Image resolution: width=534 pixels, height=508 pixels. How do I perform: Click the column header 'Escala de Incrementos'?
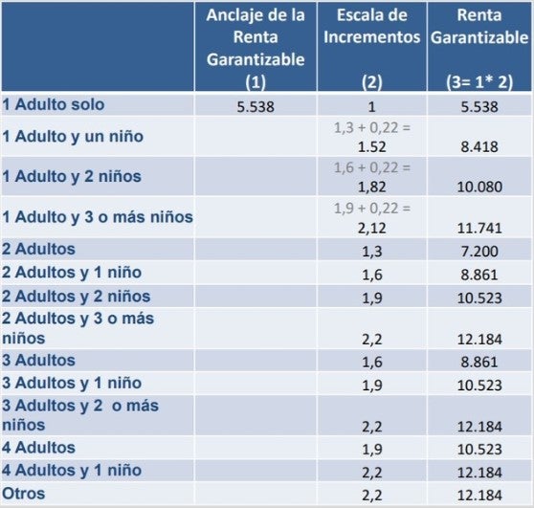click(x=372, y=26)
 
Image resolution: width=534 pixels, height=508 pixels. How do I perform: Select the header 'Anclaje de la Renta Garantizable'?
click(x=256, y=37)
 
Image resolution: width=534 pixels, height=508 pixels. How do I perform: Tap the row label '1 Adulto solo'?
click(x=54, y=104)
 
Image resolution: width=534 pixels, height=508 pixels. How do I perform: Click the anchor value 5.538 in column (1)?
click(x=256, y=107)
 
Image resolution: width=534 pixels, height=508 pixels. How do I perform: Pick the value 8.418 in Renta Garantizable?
click(x=479, y=146)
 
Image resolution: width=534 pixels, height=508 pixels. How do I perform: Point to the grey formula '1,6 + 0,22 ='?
click(x=372, y=167)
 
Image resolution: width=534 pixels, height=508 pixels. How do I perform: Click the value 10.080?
click(x=479, y=187)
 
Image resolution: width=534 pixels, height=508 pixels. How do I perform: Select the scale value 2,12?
click(x=372, y=228)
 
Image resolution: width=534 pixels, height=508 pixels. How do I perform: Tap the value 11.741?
click(x=479, y=228)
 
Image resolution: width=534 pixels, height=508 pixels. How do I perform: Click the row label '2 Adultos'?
click(x=38, y=249)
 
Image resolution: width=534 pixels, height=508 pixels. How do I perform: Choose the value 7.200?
click(x=479, y=252)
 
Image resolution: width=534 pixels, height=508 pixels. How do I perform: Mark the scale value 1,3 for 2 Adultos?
click(x=372, y=252)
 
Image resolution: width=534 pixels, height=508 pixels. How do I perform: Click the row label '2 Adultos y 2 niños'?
click(x=76, y=297)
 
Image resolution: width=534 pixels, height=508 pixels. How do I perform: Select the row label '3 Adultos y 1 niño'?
click(x=72, y=383)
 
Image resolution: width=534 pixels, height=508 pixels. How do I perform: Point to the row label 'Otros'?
click(x=24, y=494)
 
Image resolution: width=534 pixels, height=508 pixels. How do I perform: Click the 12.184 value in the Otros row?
click(x=479, y=495)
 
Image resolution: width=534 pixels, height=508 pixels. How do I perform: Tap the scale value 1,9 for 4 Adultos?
click(x=372, y=450)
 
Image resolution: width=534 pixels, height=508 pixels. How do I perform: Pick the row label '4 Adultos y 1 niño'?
click(x=72, y=470)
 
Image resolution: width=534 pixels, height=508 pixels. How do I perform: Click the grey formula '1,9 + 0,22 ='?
click(x=372, y=208)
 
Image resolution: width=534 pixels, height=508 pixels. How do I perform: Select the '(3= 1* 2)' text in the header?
click(x=479, y=82)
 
